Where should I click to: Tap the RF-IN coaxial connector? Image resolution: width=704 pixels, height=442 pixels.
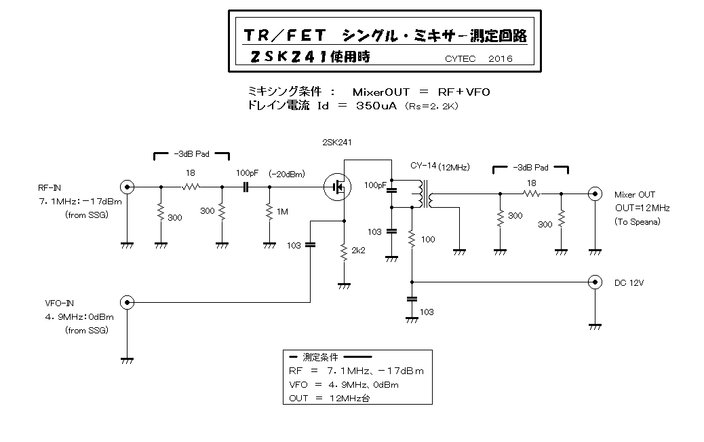pos(125,187)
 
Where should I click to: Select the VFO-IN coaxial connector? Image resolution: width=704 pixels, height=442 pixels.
pos(125,302)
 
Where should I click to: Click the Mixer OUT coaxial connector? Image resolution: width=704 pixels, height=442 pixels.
pos(595,194)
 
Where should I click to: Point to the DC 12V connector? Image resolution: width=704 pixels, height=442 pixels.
pos(595,281)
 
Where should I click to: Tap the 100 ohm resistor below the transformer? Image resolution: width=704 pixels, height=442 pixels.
pos(412,240)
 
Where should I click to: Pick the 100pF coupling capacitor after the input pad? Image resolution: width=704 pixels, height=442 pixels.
pos(247,187)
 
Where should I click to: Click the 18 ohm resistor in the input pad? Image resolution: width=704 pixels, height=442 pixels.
pos(191,187)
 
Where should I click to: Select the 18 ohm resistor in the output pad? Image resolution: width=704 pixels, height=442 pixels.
pos(531,194)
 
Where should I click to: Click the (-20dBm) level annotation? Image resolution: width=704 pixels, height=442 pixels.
pos(286,173)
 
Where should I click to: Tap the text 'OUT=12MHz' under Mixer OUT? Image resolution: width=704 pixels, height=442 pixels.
pos(642,208)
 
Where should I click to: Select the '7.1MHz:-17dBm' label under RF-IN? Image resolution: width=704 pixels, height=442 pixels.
pos(81,202)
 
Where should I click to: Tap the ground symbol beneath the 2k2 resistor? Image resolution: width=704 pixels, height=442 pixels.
pos(344,285)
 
